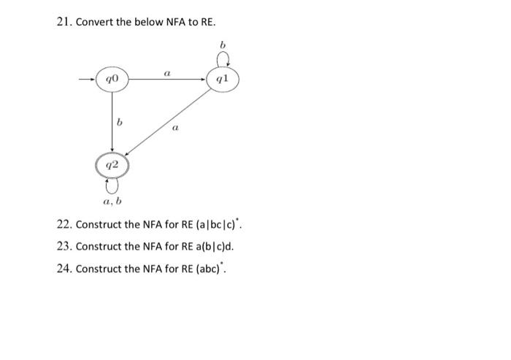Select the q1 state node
pyautogui.click(x=223, y=77)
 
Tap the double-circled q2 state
pyautogui.click(x=112, y=166)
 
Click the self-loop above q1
pyautogui.click(x=223, y=60)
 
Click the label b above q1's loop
pyautogui.click(x=223, y=45)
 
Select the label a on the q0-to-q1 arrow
pyautogui.click(x=168, y=71)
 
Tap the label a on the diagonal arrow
pyautogui.click(x=174, y=129)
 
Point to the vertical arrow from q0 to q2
pyautogui.click(x=112, y=120)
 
